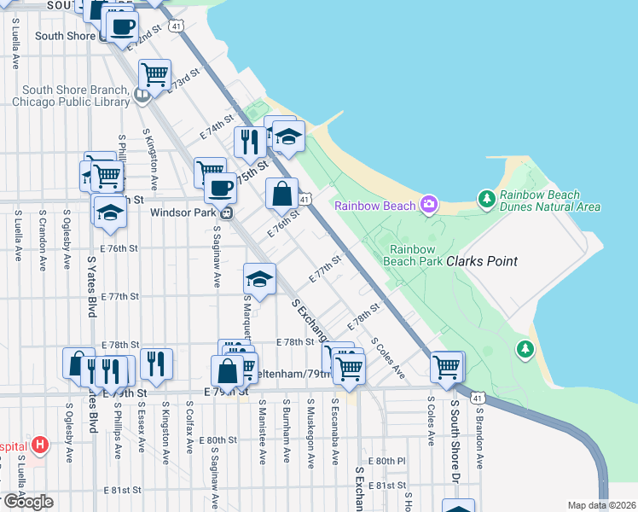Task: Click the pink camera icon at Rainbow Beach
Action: pos(428,205)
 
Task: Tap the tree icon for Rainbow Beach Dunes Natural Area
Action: pos(487,199)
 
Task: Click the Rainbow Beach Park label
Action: pos(416,255)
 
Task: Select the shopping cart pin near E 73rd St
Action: pos(154,75)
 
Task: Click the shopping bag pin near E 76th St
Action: pos(281,194)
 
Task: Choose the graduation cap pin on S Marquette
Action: pos(260,278)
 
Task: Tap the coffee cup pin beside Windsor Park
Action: pos(220,187)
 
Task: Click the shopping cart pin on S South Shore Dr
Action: pos(447,367)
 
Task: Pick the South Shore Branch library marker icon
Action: pos(142,95)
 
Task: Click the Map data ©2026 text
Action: pos(601,505)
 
